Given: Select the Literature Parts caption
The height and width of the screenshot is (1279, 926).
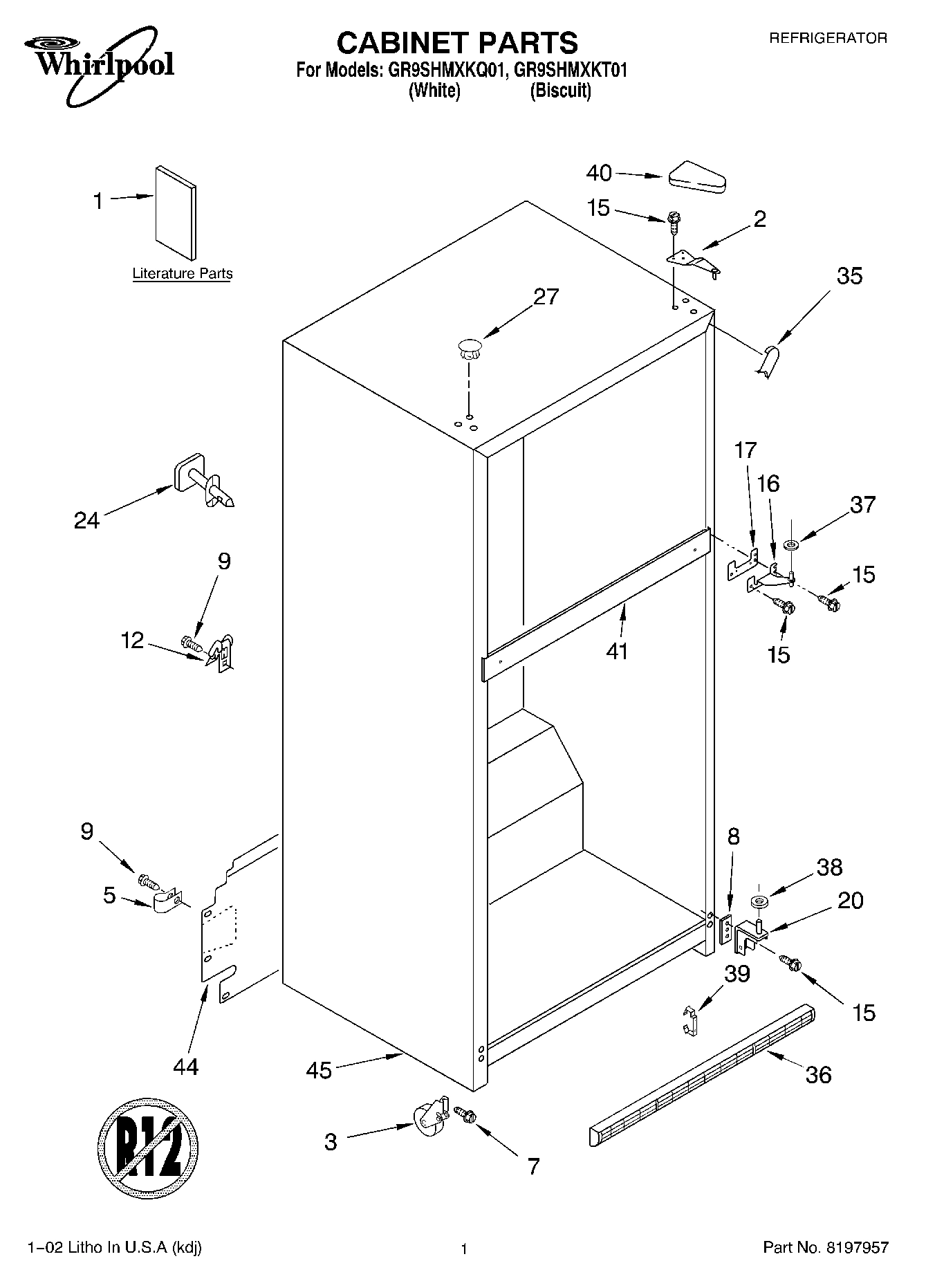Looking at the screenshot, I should pos(183,274).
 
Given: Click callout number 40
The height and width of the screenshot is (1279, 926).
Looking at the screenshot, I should pos(599,173).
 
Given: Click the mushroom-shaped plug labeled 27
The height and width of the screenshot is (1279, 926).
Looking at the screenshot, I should pos(469,348).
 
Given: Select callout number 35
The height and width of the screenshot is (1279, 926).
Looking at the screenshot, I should pos(849,276).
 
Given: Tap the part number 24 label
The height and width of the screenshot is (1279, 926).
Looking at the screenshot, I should pos(87,520).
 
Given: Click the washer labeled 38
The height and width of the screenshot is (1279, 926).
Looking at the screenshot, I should pos(759,902).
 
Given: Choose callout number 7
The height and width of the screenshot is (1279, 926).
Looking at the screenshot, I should pos(533,1166).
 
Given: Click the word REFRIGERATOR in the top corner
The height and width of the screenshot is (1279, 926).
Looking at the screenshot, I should pos(828,39).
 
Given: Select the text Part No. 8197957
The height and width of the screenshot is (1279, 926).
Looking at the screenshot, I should pos(825,1247).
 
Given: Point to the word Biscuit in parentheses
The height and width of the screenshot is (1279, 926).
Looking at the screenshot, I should pos(560,91).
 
